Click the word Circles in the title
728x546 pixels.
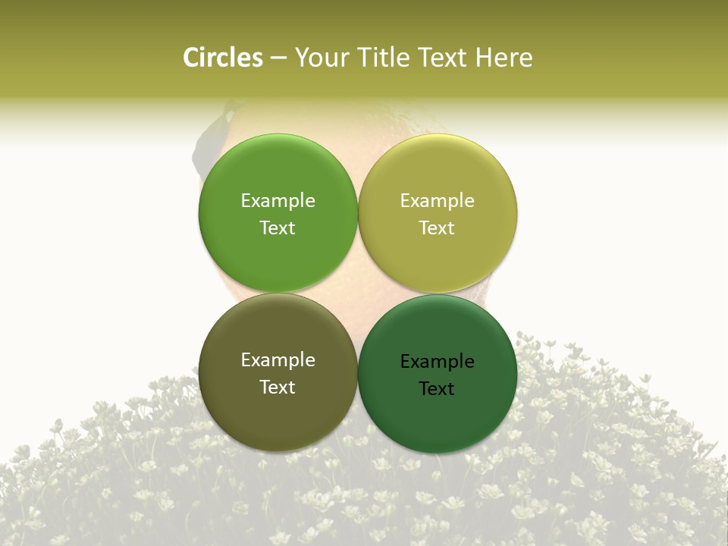222,58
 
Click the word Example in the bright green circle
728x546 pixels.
278,200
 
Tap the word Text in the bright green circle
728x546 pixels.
278,227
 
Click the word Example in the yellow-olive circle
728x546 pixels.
437,200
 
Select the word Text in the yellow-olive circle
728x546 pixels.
437,227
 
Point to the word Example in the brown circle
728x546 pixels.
278,359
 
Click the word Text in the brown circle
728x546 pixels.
278,387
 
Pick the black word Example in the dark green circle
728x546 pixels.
437,361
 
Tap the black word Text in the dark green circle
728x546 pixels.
437,388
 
